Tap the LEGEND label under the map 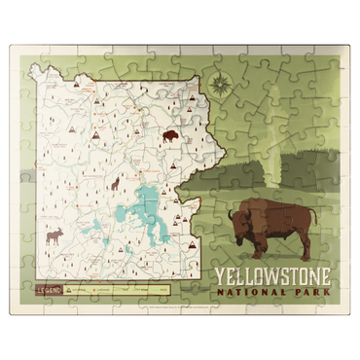point(50,289)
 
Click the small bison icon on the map point(170,136)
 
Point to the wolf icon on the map point(114,183)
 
